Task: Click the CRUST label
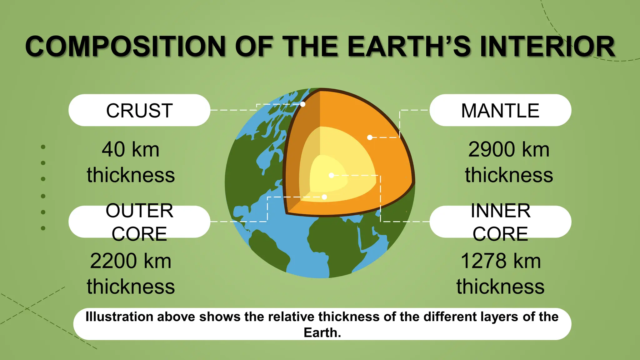(139, 111)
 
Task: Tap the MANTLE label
(500, 111)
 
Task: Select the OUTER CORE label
(139, 222)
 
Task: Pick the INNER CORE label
(500, 222)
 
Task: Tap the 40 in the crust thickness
(113, 149)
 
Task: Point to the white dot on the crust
(302, 104)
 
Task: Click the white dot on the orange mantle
(370, 137)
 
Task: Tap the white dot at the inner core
(331, 175)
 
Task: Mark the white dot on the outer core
(324, 197)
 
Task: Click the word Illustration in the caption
(119, 317)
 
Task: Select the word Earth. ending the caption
(322, 332)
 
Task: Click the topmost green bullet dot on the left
(43, 147)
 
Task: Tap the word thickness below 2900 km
(509, 175)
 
